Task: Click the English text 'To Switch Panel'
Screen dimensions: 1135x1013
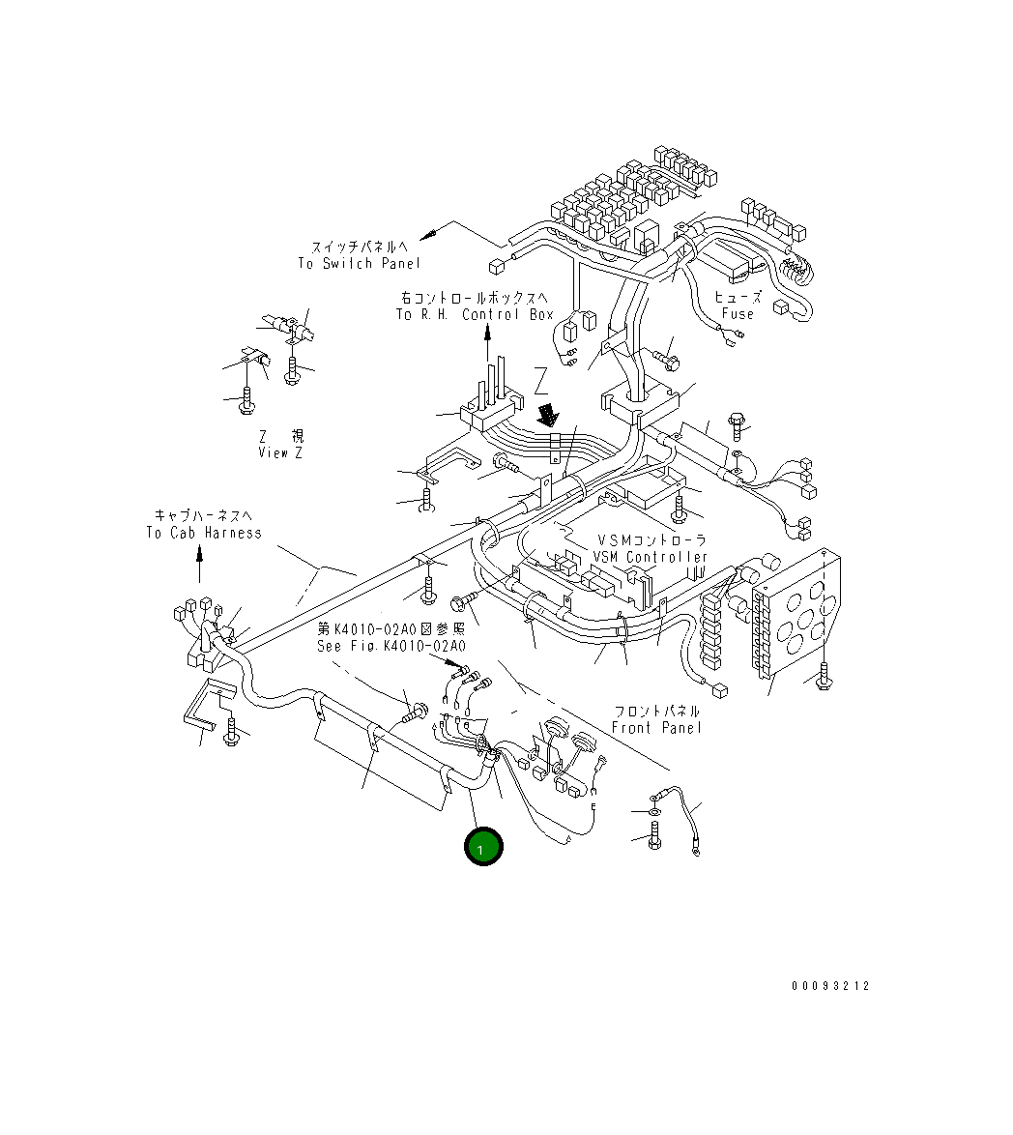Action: [x=359, y=264]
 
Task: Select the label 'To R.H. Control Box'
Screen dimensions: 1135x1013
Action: [x=474, y=315]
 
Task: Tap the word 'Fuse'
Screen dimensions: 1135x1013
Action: [x=738, y=314]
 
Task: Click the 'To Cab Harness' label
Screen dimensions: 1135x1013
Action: [x=204, y=533]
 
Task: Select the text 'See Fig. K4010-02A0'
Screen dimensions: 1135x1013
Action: [x=391, y=646]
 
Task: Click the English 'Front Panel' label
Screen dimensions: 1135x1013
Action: [x=656, y=727]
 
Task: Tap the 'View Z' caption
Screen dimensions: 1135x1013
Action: [x=279, y=452]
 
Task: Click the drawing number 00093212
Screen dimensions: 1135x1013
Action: [x=830, y=986]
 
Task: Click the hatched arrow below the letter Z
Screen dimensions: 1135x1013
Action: [x=549, y=415]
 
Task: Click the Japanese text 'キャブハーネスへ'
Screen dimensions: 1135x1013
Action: [x=204, y=516]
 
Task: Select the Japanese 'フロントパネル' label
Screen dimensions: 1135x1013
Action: [x=656, y=711]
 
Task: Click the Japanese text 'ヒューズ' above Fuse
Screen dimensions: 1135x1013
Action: [x=738, y=298]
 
